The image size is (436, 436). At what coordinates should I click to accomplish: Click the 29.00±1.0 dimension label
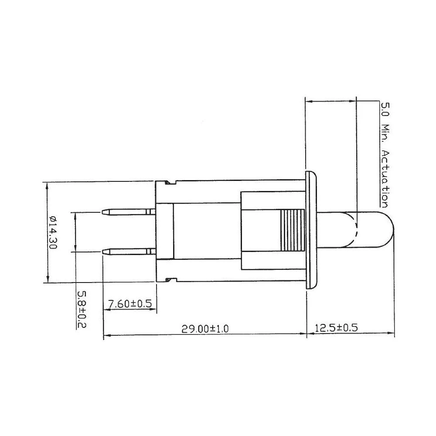pyautogui.click(x=205, y=329)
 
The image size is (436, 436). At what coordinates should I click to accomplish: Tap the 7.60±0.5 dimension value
pyautogui.click(x=129, y=304)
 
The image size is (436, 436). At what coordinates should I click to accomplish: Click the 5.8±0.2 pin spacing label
pyautogui.click(x=82, y=310)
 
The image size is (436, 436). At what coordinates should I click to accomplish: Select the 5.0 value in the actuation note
pyautogui.click(x=385, y=110)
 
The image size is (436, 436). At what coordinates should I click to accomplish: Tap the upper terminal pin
pyautogui.click(x=129, y=212)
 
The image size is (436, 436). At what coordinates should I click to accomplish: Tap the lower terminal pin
pyautogui.click(x=129, y=251)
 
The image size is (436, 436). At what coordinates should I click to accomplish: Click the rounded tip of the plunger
pyautogui.click(x=391, y=232)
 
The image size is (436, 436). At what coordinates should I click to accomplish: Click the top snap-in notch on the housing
pyautogui.click(x=170, y=182)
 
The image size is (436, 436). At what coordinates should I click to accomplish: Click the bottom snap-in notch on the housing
pyautogui.click(x=170, y=279)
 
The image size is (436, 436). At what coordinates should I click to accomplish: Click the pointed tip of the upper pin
pyautogui.click(x=104, y=212)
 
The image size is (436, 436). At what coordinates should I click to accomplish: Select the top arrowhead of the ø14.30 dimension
pyautogui.click(x=47, y=184)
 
